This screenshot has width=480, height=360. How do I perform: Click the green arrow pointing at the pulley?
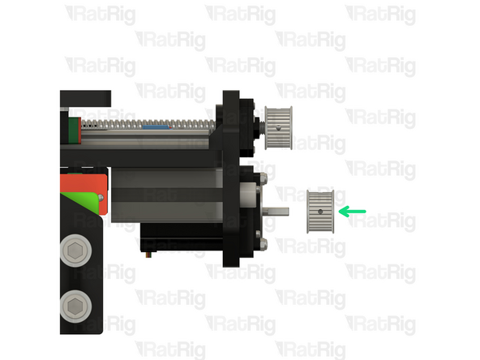point(352,212)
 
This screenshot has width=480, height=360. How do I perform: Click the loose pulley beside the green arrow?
point(320,211)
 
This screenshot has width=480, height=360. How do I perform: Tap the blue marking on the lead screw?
point(154,126)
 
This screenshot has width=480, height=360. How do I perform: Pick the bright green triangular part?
point(81,199)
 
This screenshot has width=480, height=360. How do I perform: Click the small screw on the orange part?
point(101,196)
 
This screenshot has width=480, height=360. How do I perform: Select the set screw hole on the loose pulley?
point(321,212)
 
